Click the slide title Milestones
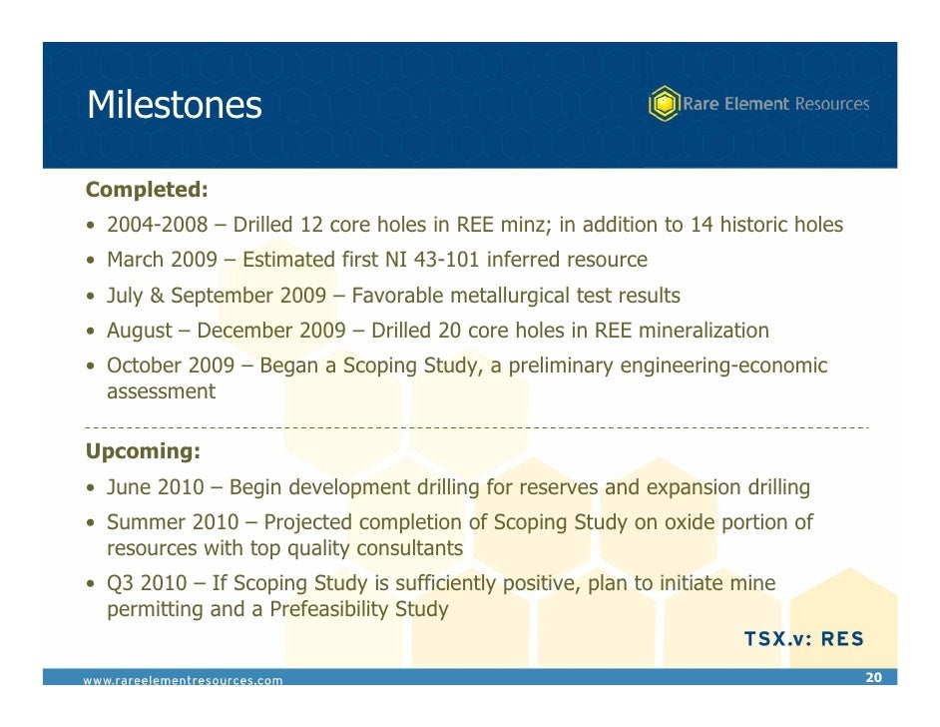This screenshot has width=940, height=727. coord(174,104)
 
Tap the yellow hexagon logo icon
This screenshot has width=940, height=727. coord(664,104)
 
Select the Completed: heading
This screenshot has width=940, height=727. coord(147,189)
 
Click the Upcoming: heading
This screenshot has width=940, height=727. coord(143,451)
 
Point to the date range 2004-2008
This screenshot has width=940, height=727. coord(157,225)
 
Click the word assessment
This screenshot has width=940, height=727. coord(161,391)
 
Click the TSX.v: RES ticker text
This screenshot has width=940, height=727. coord(804,639)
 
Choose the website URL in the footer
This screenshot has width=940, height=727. coord(183,681)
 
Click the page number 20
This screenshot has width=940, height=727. coord(873,678)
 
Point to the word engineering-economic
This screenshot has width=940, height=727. coord(723,365)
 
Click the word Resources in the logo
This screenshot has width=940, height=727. coord(831,104)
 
